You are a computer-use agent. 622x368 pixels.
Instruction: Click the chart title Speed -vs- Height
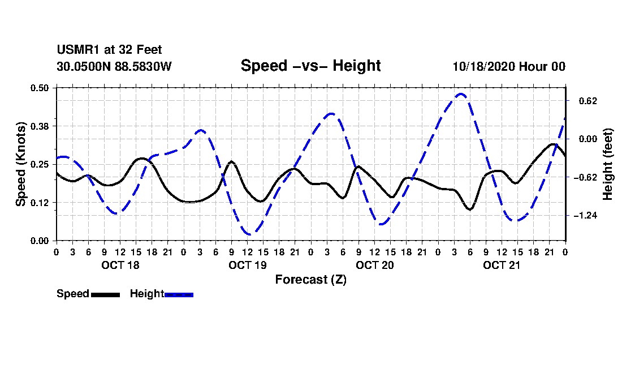(310, 66)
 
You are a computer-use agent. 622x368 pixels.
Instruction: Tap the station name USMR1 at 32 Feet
(109, 50)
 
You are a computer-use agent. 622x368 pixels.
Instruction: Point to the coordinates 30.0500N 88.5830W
(114, 66)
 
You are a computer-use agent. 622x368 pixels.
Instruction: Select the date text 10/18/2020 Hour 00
(509, 66)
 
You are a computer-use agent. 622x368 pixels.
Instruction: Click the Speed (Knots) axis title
(21, 164)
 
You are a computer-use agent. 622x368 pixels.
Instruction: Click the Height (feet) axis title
(608, 164)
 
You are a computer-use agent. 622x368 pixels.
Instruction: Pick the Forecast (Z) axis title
(310, 280)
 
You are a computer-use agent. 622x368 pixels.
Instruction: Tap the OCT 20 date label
(374, 265)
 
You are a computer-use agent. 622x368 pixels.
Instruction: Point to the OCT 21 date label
(502, 265)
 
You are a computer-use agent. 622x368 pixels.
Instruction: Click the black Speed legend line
(105, 294)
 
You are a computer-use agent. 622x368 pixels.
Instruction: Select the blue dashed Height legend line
(179, 294)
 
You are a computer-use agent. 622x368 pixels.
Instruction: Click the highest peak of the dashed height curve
(461, 94)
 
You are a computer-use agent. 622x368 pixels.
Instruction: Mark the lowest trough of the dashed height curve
(248, 234)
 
